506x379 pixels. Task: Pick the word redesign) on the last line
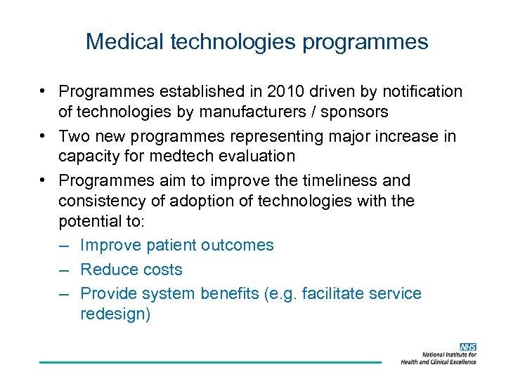click(115, 314)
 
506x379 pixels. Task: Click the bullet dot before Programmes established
click(44, 92)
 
